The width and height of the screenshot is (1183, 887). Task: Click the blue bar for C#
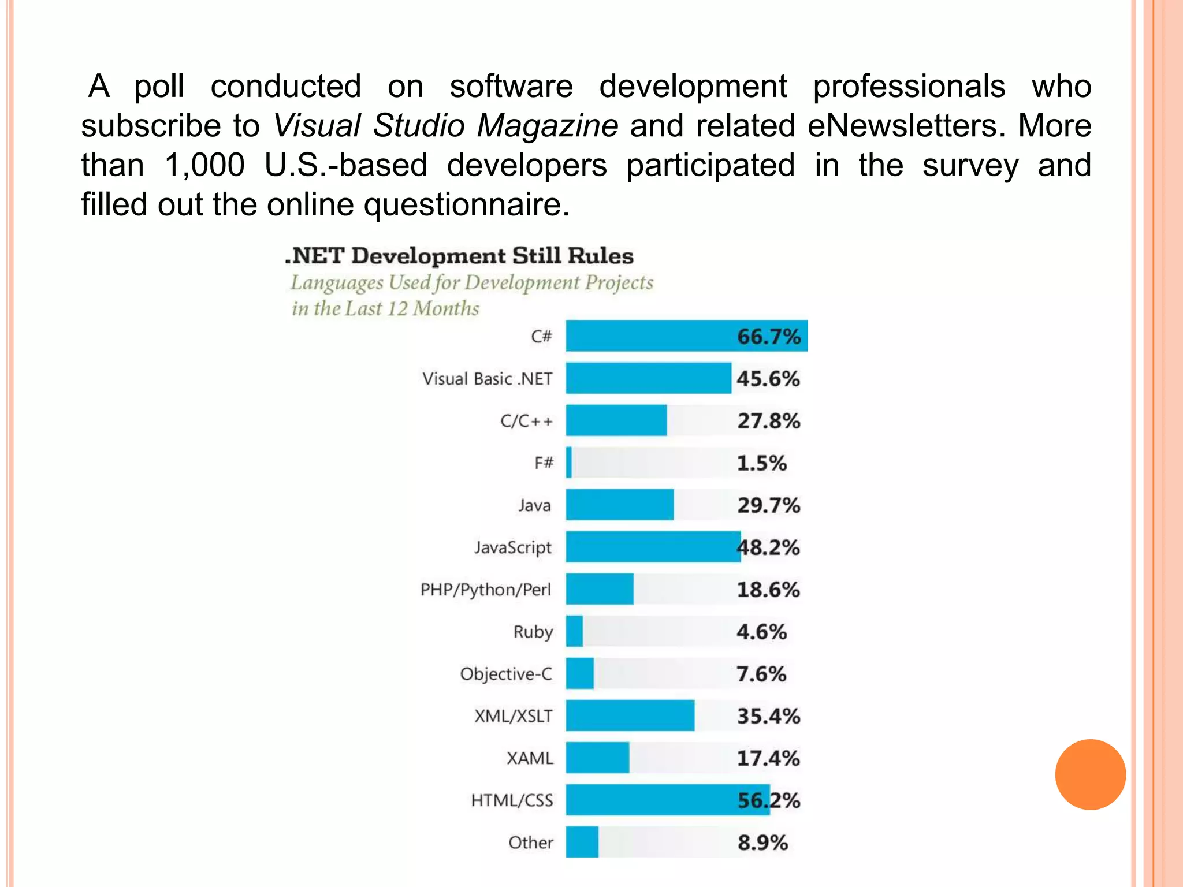click(x=647, y=336)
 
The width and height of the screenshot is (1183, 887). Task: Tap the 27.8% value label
click(x=768, y=421)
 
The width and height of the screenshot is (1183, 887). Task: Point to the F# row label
click(x=544, y=463)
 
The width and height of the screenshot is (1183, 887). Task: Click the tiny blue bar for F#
click(x=569, y=463)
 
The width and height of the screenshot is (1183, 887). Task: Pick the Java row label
click(x=534, y=505)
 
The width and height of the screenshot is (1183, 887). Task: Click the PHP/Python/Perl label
click(x=486, y=590)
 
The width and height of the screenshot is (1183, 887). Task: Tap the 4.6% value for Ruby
click(x=761, y=632)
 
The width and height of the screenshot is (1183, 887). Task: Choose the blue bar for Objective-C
click(x=579, y=673)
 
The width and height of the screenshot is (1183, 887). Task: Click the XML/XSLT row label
click(x=513, y=716)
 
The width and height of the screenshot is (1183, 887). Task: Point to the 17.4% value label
click(x=768, y=758)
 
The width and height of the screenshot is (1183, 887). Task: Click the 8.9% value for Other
click(x=762, y=843)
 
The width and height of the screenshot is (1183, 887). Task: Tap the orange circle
click(x=1090, y=774)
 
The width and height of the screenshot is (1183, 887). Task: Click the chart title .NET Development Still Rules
click(x=459, y=256)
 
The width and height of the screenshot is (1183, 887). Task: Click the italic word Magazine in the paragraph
click(x=547, y=126)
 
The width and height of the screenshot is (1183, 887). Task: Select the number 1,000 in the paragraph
click(x=204, y=166)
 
